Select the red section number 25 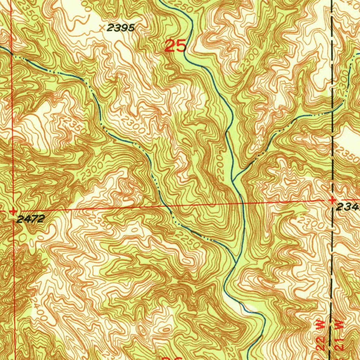click(x=175, y=46)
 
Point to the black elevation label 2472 click(x=31, y=219)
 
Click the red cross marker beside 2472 click(x=13, y=212)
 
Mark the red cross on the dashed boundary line click(x=332, y=200)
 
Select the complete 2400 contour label click(x=39, y=309)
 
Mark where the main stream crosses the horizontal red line click(x=242, y=203)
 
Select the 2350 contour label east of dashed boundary click(x=347, y=154)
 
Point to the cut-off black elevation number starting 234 click(x=348, y=208)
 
